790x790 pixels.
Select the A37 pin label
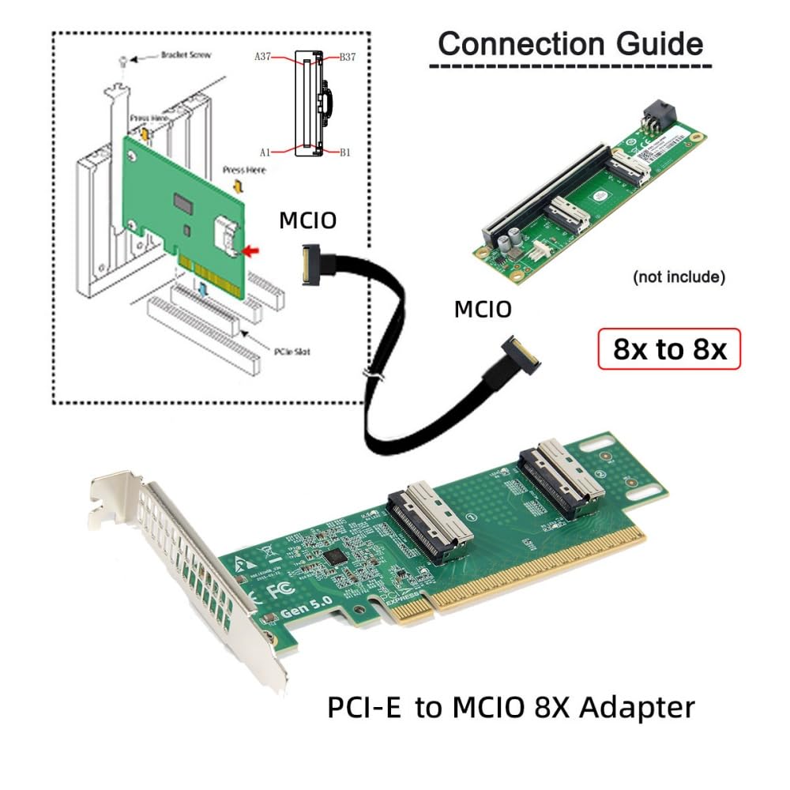(x=263, y=57)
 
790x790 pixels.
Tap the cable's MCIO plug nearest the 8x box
(x=521, y=355)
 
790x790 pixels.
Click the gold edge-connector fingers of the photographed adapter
(x=521, y=581)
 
